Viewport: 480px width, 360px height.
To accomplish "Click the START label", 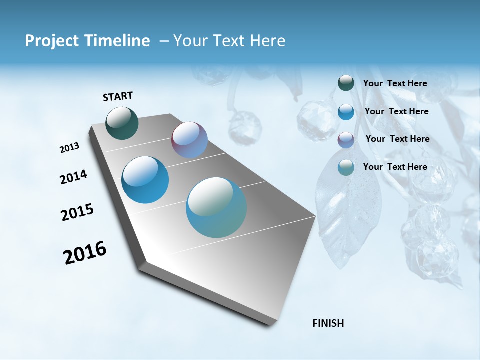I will click(118, 96).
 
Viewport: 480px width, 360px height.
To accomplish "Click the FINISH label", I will click(328, 323).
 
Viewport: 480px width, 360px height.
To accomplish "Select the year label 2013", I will click(70, 148).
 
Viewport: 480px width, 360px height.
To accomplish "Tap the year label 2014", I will click(73, 177).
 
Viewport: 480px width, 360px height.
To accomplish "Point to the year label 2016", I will click(85, 253).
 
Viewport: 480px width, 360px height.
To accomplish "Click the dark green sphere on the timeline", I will click(122, 123).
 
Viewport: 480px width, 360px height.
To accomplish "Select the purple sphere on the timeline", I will click(189, 140).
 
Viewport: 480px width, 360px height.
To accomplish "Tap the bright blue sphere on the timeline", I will click(145, 180).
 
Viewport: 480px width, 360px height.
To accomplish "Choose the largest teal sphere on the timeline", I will click(216, 207).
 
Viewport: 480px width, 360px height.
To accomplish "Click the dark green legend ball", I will click(346, 83).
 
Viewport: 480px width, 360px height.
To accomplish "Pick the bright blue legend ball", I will click(346, 112).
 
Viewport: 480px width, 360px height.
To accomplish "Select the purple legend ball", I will click(346, 139).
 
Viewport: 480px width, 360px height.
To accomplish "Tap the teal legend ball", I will click(346, 167).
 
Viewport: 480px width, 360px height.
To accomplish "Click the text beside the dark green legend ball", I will click(395, 83).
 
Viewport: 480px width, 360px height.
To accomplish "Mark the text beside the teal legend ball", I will click(395, 167).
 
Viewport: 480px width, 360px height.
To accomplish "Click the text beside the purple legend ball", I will click(397, 139).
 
